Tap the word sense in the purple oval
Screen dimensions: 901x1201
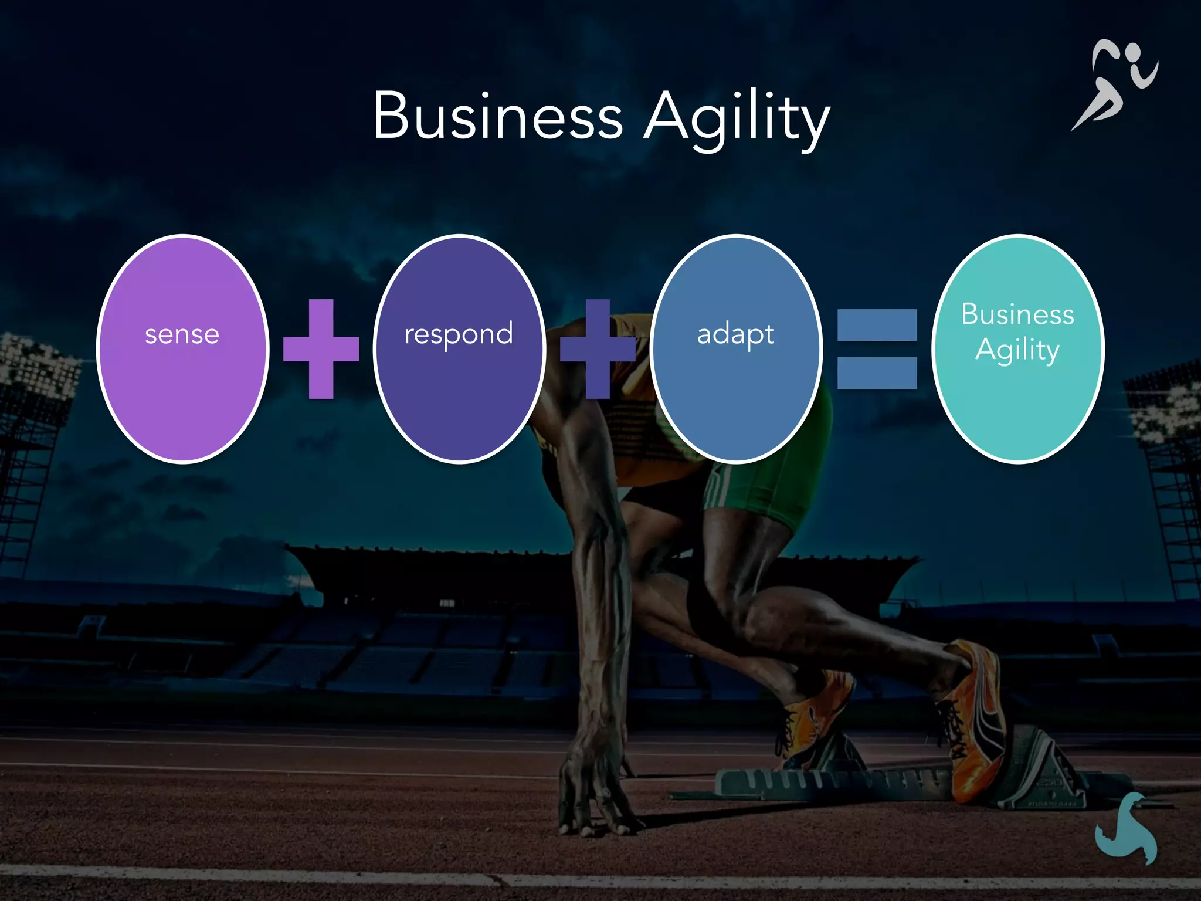(182, 334)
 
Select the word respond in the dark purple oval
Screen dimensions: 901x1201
(459, 334)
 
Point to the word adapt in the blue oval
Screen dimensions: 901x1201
(735, 334)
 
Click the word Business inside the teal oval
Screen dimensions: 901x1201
(1017, 314)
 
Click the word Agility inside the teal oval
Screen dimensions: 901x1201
(1017, 350)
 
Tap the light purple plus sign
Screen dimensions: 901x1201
(321, 348)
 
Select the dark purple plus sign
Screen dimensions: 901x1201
(598, 348)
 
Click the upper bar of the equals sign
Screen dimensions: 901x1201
(877, 325)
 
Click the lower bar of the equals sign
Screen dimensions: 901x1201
(877, 373)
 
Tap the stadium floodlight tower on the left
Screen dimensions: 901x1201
(35, 375)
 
